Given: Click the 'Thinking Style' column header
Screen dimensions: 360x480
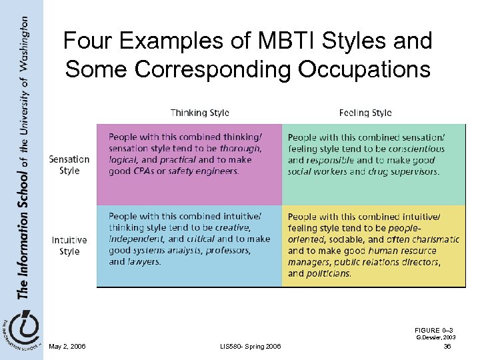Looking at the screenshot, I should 199,113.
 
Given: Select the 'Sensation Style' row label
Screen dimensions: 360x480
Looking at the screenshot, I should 69,165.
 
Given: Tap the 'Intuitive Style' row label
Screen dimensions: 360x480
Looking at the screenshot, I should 69,245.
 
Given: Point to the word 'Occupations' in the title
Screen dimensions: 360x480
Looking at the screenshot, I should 360,69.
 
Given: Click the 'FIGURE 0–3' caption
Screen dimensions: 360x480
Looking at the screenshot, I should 434,331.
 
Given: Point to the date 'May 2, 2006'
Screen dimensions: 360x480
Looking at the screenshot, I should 67,346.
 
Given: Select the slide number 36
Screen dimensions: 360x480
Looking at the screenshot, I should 447,346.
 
